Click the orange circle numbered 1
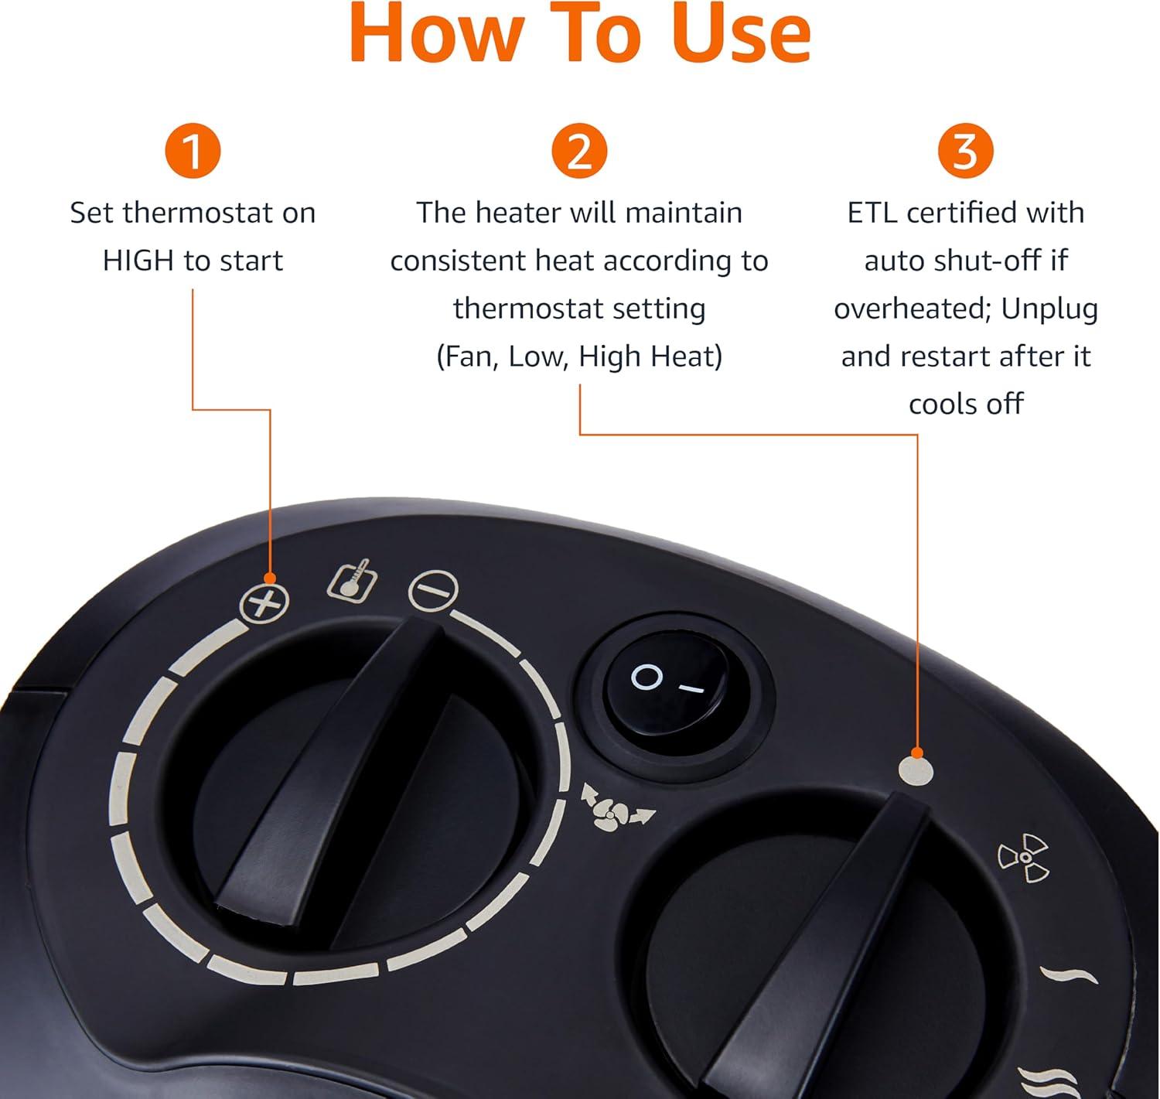coord(193,151)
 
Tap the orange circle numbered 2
coord(578,151)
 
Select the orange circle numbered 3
coord(965,151)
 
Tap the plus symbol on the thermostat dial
coord(264,603)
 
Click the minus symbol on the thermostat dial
coord(433,590)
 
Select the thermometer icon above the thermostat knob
coord(352,580)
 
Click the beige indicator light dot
coord(916,771)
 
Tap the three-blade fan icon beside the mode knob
coord(1023,858)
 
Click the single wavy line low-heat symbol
coord(1068,974)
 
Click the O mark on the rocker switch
coord(646,677)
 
